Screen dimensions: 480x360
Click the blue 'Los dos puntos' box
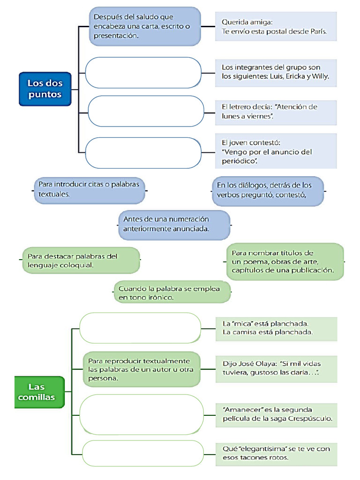[45, 89]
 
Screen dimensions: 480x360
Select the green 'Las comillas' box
[39, 392]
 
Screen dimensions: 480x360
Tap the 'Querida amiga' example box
[276, 27]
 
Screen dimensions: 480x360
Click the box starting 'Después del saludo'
[145, 26]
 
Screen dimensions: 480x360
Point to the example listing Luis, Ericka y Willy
[276, 72]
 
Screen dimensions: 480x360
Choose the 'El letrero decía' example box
[276, 112]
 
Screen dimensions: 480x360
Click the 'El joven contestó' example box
[276, 151]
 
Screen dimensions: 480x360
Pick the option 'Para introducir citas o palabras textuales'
[89, 189]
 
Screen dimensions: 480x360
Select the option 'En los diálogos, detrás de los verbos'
[268, 190]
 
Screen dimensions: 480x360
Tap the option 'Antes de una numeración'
[174, 225]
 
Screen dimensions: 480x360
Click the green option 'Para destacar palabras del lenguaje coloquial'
[81, 261]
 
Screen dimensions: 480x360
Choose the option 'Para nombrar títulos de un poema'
[285, 262]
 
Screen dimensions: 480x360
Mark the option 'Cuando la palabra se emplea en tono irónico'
[172, 292]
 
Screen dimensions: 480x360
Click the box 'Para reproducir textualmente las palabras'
[142, 369]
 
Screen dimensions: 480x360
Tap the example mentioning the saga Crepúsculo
[276, 414]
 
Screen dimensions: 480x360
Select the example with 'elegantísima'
[276, 453]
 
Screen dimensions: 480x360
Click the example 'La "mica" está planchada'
[276, 328]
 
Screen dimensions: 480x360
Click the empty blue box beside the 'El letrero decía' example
[145, 111]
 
